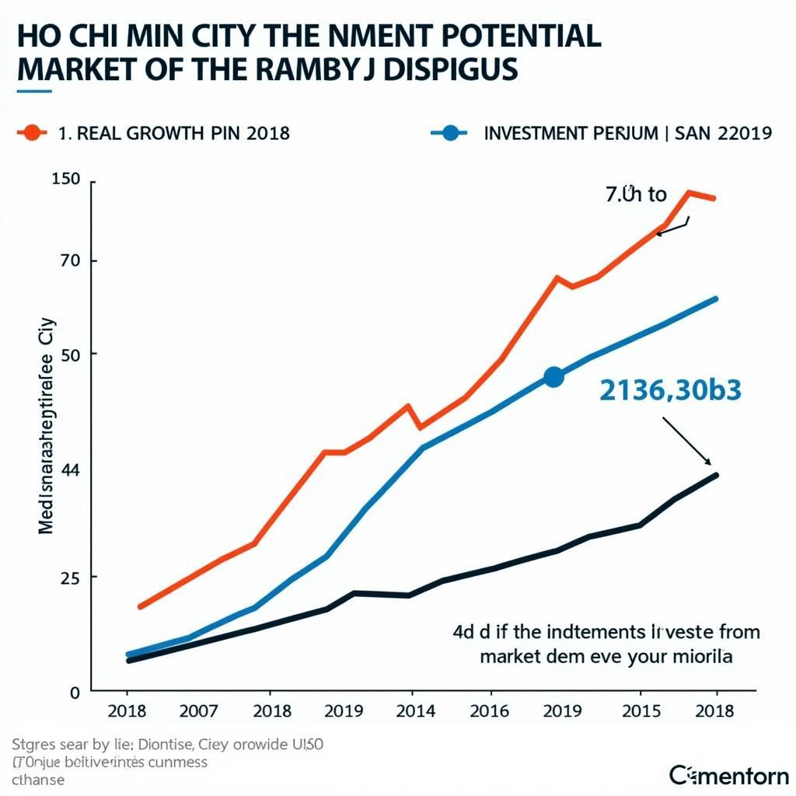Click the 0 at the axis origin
tap(75, 691)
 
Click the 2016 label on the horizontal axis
tap(490, 711)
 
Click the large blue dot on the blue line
tap(553, 377)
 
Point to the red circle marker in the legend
tap(32, 132)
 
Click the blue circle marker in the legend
tap(449, 132)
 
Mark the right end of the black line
tap(715, 475)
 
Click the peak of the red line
tap(689, 192)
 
